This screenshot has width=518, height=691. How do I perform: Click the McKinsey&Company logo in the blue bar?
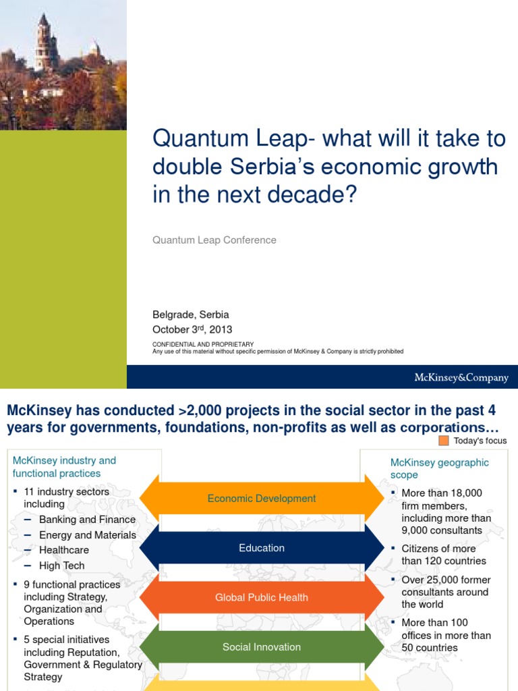(x=461, y=378)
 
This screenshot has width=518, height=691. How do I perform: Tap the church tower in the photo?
(x=45, y=45)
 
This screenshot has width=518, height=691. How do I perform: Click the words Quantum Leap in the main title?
(x=229, y=139)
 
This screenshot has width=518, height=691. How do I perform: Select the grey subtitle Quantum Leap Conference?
(x=214, y=240)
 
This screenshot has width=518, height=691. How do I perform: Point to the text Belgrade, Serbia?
(x=190, y=314)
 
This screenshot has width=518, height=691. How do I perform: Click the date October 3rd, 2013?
(x=192, y=329)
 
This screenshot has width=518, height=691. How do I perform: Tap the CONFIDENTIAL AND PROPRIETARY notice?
(x=202, y=344)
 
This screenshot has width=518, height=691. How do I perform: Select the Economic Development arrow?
(x=262, y=499)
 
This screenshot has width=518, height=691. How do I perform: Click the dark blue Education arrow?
(x=262, y=548)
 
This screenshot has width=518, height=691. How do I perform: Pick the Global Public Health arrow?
(x=262, y=597)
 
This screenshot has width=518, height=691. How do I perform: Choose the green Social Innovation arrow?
(x=262, y=647)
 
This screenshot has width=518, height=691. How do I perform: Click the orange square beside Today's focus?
(x=443, y=441)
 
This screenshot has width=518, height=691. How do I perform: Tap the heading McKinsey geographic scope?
(x=440, y=469)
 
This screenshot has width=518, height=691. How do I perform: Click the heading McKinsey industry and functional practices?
(x=65, y=467)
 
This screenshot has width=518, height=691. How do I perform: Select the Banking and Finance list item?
(x=87, y=520)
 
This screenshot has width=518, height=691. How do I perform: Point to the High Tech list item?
(x=62, y=565)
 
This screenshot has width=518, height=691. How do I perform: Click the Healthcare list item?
(x=64, y=550)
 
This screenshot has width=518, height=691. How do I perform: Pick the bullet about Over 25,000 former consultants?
(x=446, y=592)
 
